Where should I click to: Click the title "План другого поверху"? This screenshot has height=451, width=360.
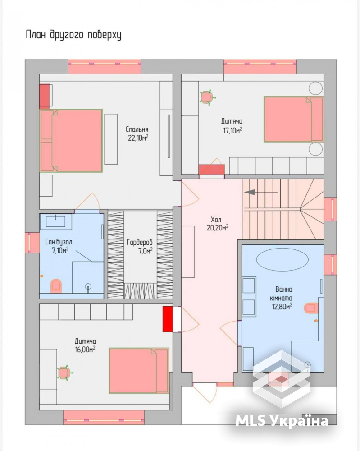click(73, 35)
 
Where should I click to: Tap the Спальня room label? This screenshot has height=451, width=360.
click(137, 129)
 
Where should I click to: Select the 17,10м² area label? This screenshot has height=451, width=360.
click(232, 131)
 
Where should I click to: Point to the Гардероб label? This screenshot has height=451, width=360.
click(139, 243)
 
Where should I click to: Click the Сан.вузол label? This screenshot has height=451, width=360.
click(59, 242)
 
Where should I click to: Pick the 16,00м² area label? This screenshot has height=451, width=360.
click(85, 350)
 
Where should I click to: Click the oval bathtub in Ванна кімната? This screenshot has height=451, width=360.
click(282, 259)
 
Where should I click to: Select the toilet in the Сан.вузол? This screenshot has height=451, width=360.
click(56, 286)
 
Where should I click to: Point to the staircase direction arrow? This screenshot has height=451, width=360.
click(260, 192)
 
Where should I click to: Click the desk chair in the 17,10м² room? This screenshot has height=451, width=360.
click(207, 97)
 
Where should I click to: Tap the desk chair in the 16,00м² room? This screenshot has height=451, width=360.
click(64, 373)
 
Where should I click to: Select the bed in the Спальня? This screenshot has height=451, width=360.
click(71, 141)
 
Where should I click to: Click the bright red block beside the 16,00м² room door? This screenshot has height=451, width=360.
click(168, 319)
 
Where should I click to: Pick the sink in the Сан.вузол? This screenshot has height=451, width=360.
click(55, 221)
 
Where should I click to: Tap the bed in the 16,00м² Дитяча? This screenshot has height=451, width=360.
click(139, 371)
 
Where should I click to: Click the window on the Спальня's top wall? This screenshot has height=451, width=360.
click(105, 66)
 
